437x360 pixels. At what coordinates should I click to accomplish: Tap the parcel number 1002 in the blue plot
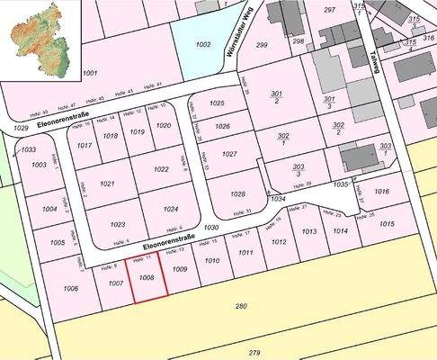pos(203,43)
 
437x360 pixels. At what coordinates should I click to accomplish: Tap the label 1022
pos(161,169)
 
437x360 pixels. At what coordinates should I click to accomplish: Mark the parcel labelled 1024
pos(172,209)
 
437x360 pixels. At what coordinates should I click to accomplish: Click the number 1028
pos(237,194)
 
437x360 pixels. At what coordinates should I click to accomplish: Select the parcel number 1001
pos(89,73)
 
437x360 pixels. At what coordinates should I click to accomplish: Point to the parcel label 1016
pos(381,192)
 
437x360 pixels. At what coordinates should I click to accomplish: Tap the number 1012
pos(279,242)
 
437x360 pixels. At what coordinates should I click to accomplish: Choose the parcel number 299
pos(262,44)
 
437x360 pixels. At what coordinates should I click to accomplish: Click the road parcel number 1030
pos(211,229)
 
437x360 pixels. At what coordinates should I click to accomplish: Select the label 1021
pos(108,184)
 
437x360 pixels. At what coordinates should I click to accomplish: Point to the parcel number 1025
pos(217,103)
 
